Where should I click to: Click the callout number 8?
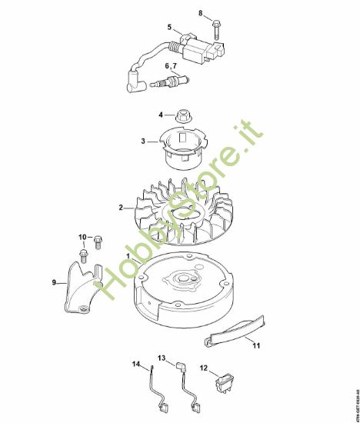click(x=202, y=14)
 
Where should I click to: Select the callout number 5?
click(x=169, y=27)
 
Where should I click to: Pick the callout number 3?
click(x=142, y=141)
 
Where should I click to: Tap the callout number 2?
click(x=121, y=207)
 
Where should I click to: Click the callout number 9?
click(x=55, y=283)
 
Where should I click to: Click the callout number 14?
click(x=135, y=364)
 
